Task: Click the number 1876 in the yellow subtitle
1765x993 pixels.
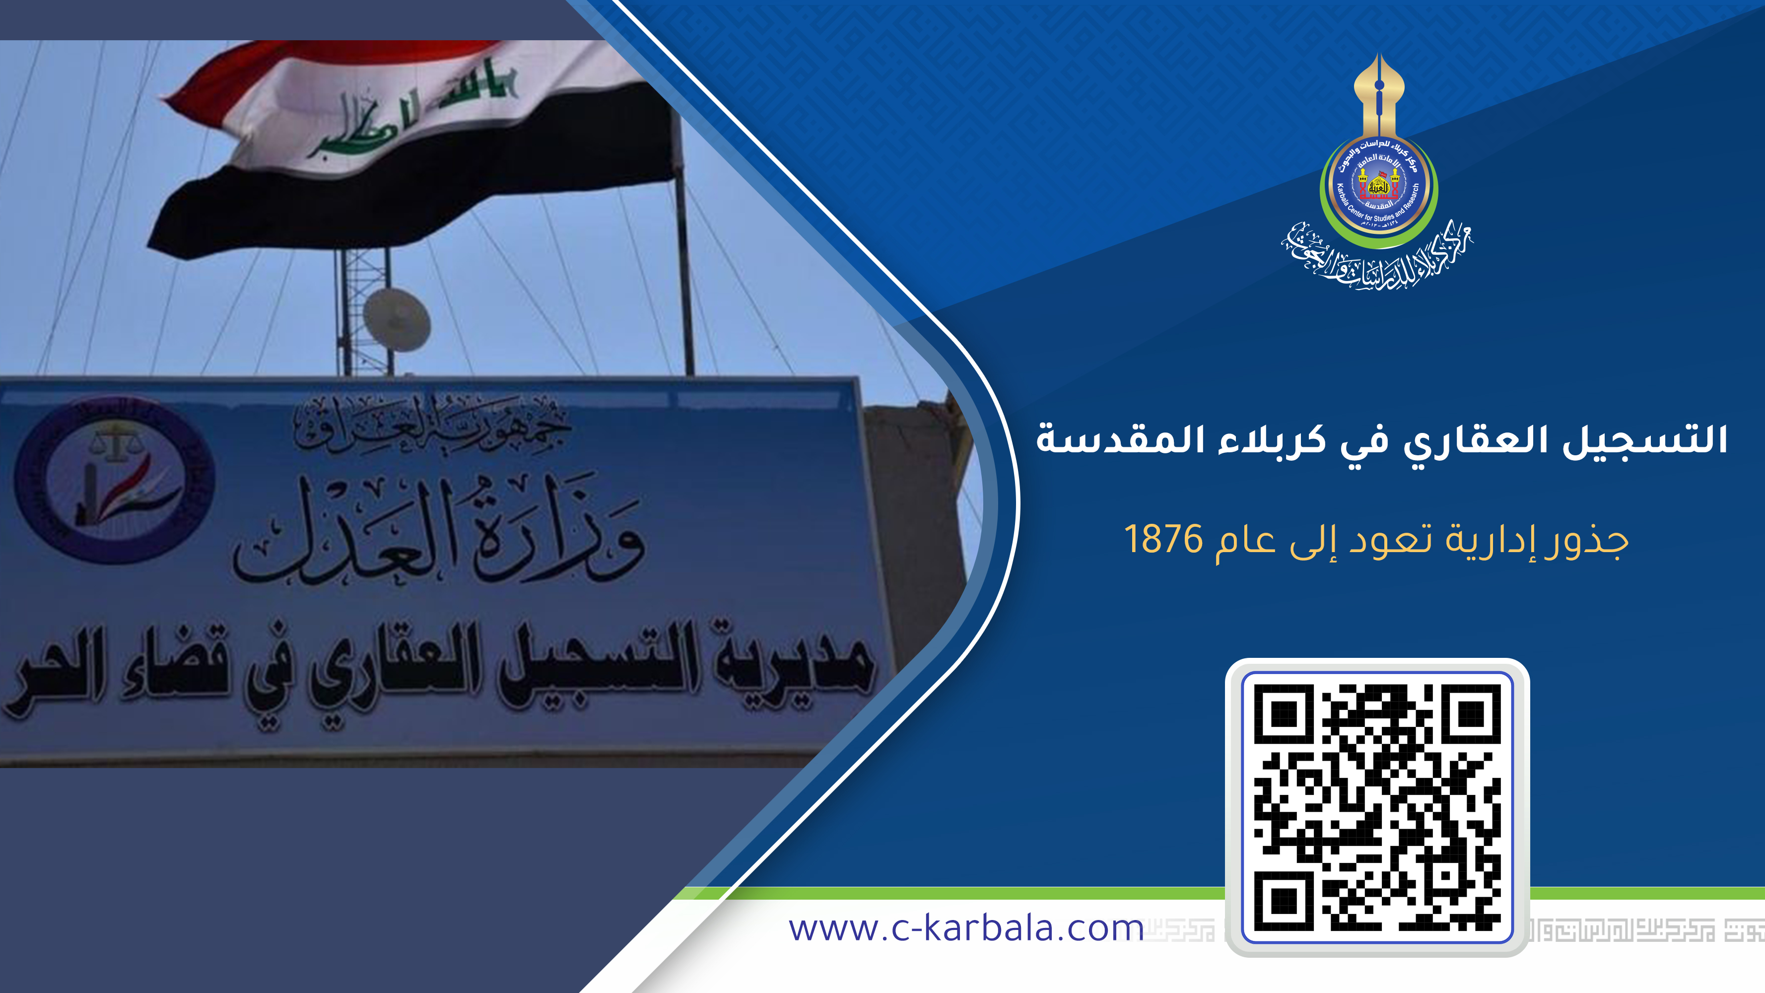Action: [x=1163, y=539]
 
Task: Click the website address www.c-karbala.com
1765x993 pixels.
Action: [x=966, y=928]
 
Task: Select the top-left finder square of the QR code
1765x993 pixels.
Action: [x=1284, y=714]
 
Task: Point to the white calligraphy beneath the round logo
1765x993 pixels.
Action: [x=1377, y=257]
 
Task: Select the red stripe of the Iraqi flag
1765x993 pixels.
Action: [x=329, y=62]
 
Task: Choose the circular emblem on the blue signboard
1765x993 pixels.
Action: [x=115, y=480]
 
